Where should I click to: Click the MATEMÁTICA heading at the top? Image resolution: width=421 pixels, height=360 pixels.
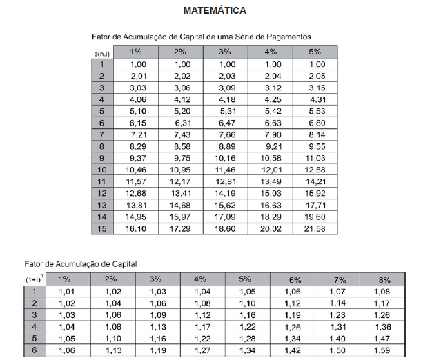(x=215, y=11)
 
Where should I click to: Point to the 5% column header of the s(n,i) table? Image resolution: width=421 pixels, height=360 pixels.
(x=315, y=52)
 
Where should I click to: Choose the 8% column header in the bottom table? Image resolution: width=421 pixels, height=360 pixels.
(x=384, y=279)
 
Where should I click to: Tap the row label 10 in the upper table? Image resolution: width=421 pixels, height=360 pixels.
(x=101, y=169)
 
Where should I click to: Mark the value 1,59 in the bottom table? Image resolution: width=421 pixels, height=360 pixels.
(x=384, y=351)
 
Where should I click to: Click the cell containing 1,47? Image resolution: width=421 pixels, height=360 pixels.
(x=384, y=339)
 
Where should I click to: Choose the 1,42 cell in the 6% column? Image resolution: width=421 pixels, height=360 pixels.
(x=293, y=351)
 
